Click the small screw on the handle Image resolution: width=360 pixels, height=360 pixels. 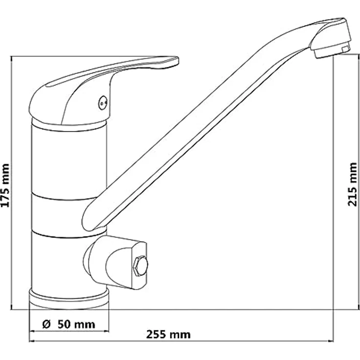pos(102,102)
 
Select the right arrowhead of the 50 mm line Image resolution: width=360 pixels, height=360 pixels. pos(106,330)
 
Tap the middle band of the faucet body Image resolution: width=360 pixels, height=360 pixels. pos(59,215)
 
